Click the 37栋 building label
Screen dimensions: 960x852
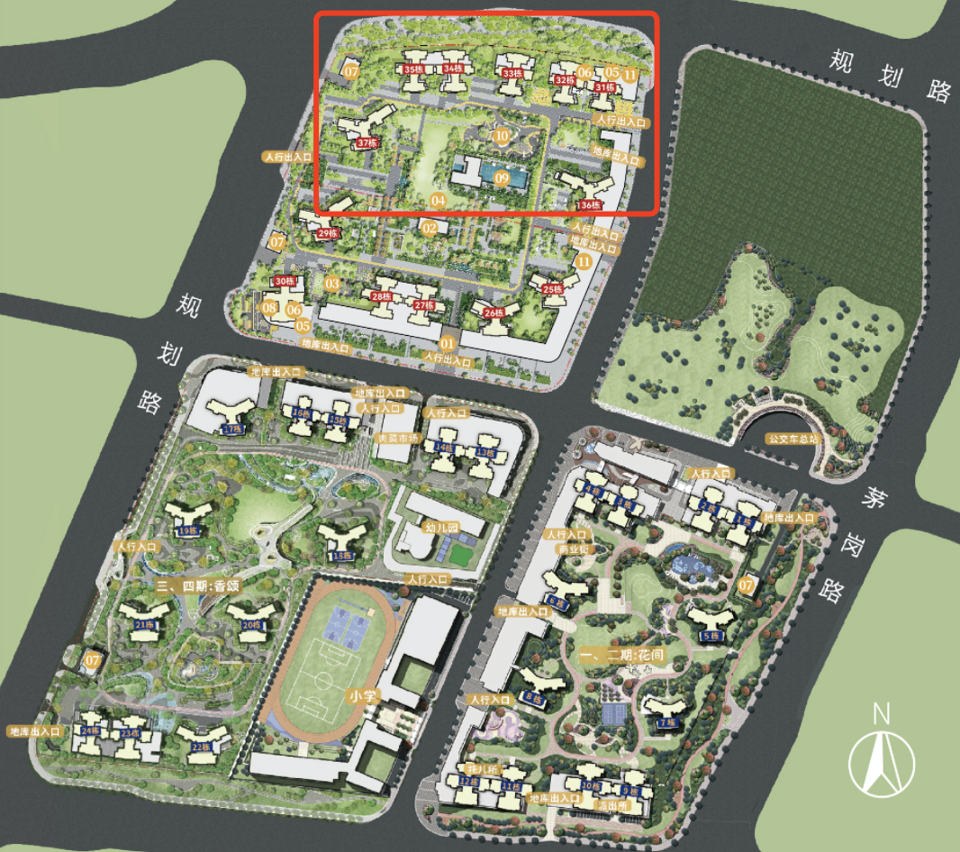[x=367, y=143]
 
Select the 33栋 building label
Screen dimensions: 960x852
[x=512, y=74]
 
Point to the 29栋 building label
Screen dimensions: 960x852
[x=327, y=233]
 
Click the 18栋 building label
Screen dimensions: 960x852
[x=343, y=556]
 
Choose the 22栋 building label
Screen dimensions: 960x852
[x=200, y=747]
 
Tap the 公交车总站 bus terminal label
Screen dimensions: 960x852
[x=792, y=440]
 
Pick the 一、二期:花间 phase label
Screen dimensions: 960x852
[x=622, y=656]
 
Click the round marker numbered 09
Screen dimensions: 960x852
[x=502, y=179]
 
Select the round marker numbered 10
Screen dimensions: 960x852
[x=502, y=136]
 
